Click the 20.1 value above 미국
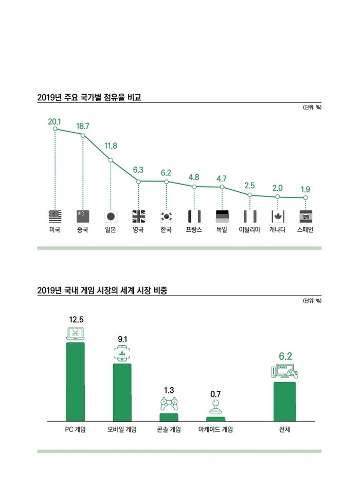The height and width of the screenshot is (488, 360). pos(55,121)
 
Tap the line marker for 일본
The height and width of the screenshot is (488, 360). pos(111,160)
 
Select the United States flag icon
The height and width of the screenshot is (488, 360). pos(55,216)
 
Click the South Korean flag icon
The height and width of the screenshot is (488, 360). pos(166,216)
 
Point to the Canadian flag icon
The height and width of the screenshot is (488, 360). pos(278,216)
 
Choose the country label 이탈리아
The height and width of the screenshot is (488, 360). pos(250,230)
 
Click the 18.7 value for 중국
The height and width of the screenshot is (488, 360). pos(83,126)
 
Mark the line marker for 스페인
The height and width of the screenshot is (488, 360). pos(305,197)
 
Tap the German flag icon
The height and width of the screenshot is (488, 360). pos(222,216)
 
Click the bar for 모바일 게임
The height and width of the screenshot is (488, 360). pos(122,392)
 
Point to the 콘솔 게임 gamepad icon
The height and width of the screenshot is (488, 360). pos(169,404)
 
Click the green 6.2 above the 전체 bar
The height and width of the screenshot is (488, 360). pos(285,356)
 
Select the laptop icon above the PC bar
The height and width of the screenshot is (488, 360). pos(75,333)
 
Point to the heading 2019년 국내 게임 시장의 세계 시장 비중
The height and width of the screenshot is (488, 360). pos(102,291)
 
